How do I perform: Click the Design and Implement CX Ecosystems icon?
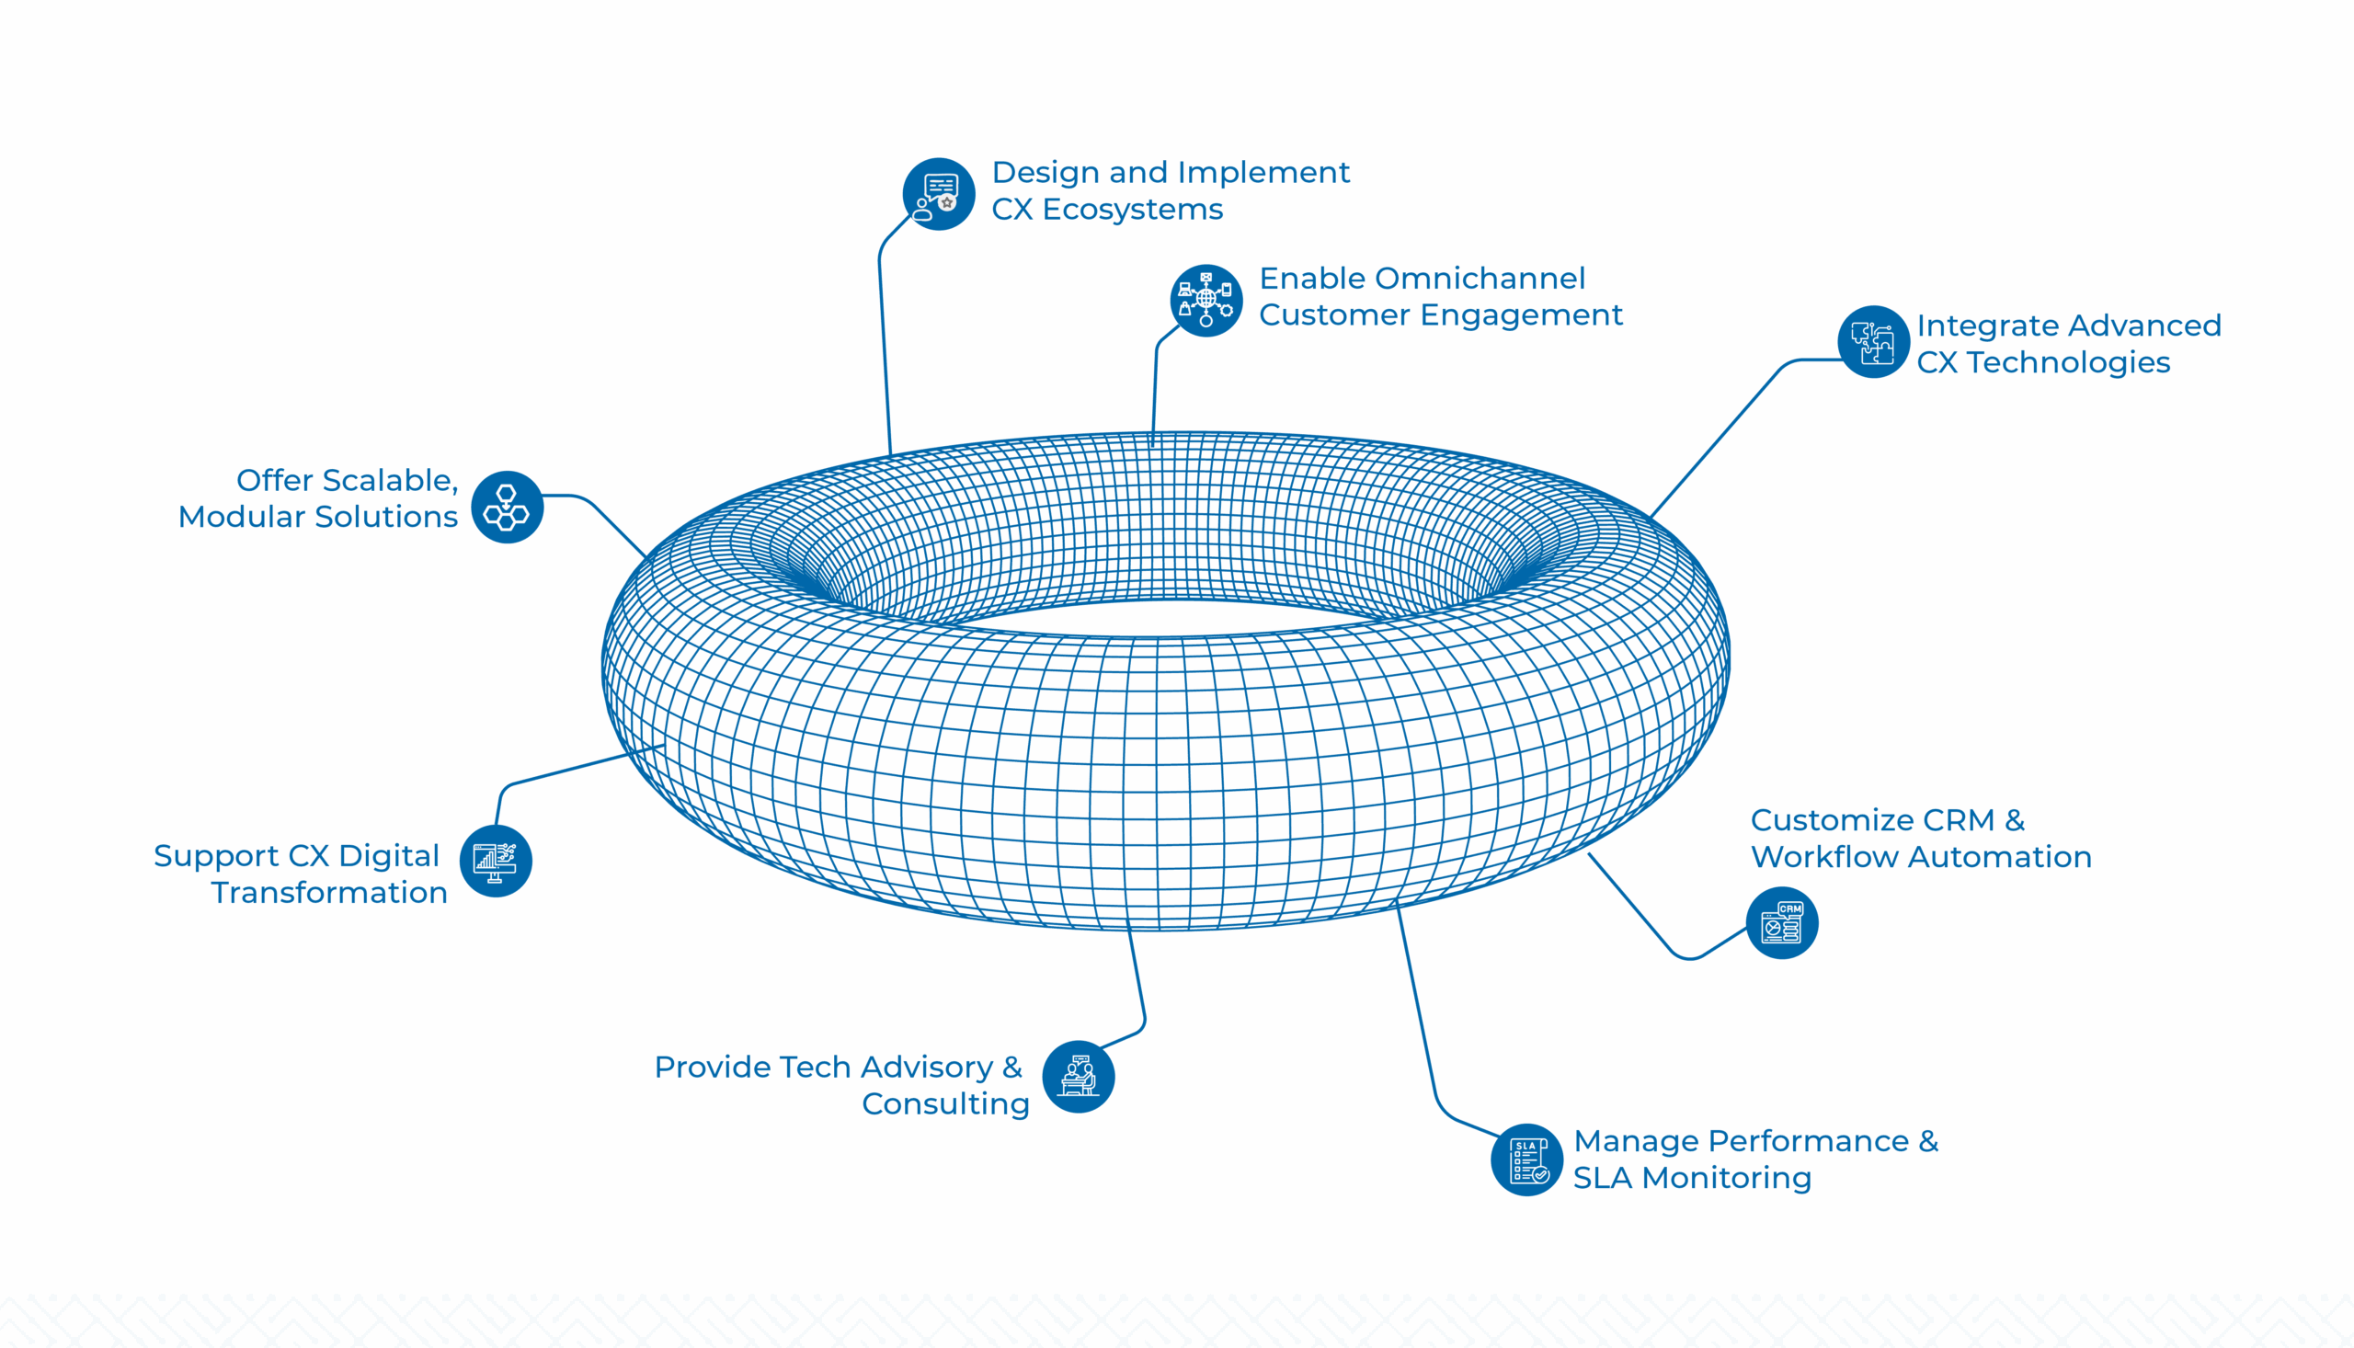click(939, 194)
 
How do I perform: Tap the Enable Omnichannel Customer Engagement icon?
click(1206, 300)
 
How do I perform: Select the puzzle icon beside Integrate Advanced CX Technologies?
click(1873, 342)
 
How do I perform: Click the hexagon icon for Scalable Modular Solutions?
click(507, 508)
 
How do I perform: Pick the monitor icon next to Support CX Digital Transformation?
click(496, 861)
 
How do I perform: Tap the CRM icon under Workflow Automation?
click(1782, 923)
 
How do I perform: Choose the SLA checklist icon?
click(1527, 1160)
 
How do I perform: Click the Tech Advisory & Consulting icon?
click(1079, 1077)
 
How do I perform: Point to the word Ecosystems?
click(1133, 211)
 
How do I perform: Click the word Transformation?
click(329, 894)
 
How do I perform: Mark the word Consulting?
click(945, 1104)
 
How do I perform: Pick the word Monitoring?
click(1725, 1179)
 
